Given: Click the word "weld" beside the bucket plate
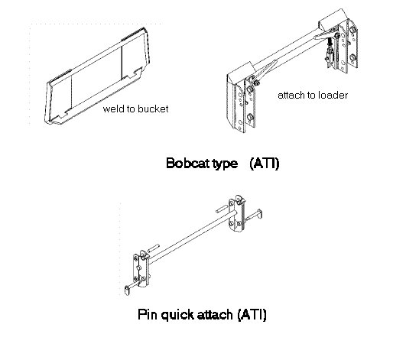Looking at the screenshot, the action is pyautogui.click(x=112, y=109).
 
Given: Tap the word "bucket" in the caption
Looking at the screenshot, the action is pyautogui.click(x=153, y=109).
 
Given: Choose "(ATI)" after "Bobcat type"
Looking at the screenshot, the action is pyautogui.click(x=265, y=164).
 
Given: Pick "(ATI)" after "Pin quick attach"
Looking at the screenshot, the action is pyautogui.click(x=252, y=315).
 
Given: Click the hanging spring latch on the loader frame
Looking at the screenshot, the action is pyautogui.click(x=329, y=53).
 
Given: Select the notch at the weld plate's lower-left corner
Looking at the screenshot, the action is pyautogui.click(x=62, y=115).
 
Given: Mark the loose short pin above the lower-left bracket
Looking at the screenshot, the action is pyautogui.click(x=154, y=248).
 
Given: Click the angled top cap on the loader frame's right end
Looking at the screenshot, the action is pyautogui.click(x=332, y=18).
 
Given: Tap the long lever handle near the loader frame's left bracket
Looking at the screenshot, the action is pyautogui.click(x=265, y=70).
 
